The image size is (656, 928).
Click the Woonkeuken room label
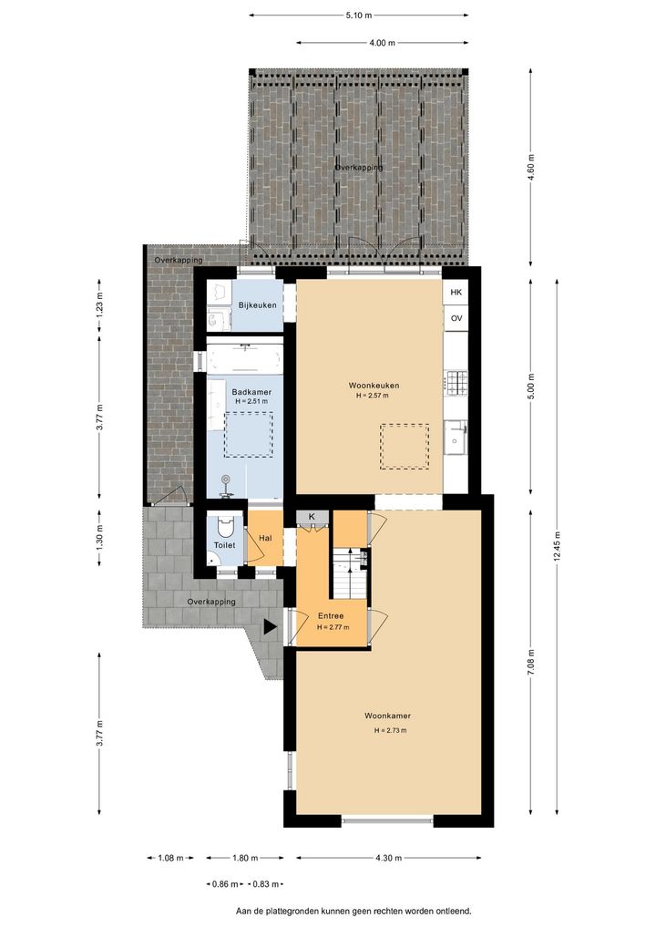[x=374, y=386]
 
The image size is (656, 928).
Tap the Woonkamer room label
[x=387, y=716]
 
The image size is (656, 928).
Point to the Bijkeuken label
[x=257, y=305]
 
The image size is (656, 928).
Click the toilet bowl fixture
[x=225, y=526]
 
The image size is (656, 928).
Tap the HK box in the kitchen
[x=456, y=293]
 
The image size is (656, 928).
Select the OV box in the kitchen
[x=456, y=318]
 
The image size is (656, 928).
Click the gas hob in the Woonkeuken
[x=456, y=383]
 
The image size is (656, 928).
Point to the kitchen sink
[x=456, y=437]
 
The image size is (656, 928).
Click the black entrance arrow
[x=270, y=627]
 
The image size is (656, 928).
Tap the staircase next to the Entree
[x=349, y=573]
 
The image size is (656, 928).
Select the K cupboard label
[x=312, y=517]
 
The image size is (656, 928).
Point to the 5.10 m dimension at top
[x=359, y=15]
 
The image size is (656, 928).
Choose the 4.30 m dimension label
[x=389, y=858]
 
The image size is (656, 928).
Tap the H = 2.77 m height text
[x=333, y=627]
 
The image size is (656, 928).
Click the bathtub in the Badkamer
[x=244, y=356]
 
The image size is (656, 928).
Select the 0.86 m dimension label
[x=225, y=884]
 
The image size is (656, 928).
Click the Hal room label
[x=266, y=538]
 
